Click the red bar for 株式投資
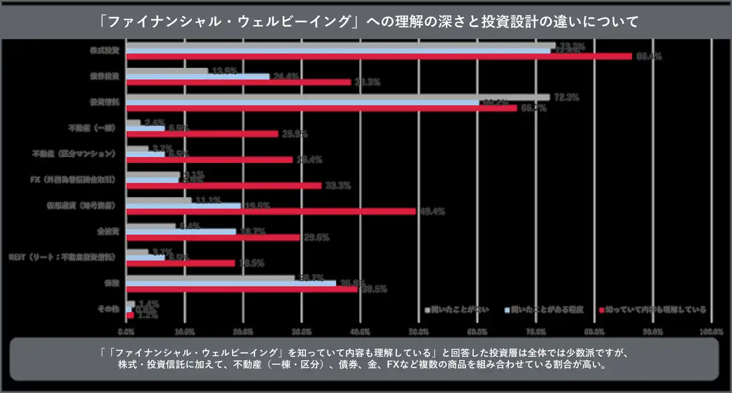click(379, 56)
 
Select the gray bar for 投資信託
click(337, 97)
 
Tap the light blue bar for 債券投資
click(197, 76)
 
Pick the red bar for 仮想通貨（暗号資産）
click(270, 211)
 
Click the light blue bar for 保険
click(230, 283)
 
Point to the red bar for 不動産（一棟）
click(202, 134)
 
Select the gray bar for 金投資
click(150, 226)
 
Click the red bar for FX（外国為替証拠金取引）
click(223, 185)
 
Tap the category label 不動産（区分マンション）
click(75, 153)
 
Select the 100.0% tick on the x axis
click(711, 331)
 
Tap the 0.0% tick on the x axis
click(126, 331)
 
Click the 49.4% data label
click(432, 212)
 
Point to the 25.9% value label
click(295, 134)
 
